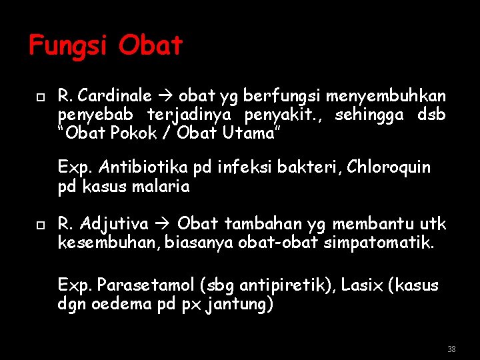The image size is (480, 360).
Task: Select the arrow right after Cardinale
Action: pos(165,96)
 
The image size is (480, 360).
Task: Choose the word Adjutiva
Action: pos(115,223)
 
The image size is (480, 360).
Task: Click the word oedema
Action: pos(123,305)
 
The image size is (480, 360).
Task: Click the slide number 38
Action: pos(451,349)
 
